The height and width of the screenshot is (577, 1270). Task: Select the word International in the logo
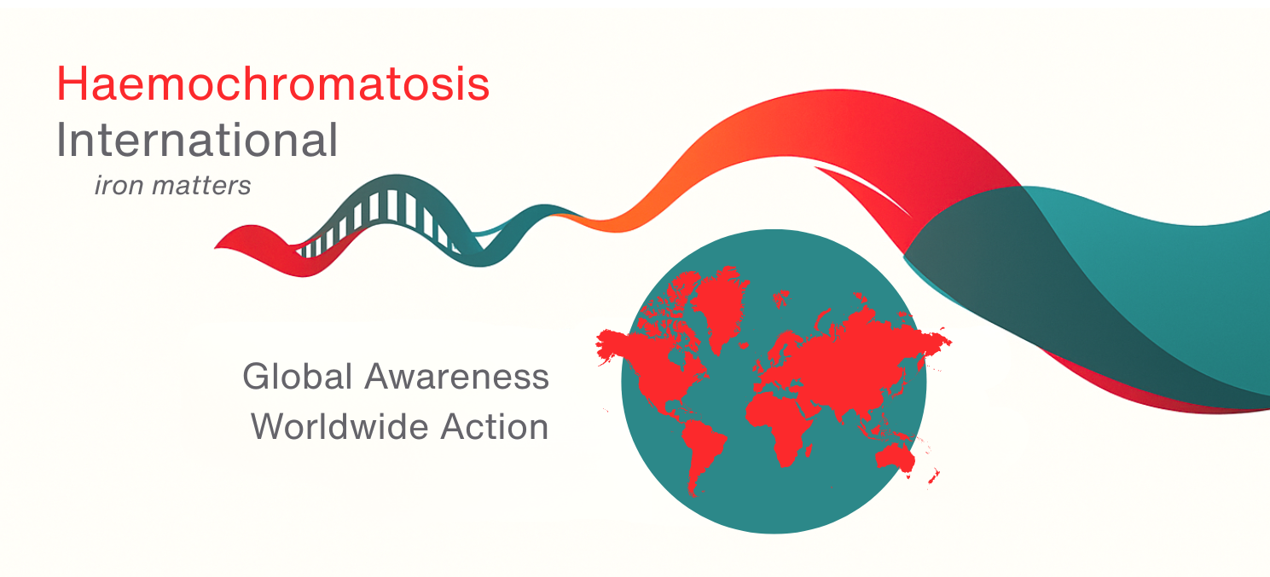(197, 141)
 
